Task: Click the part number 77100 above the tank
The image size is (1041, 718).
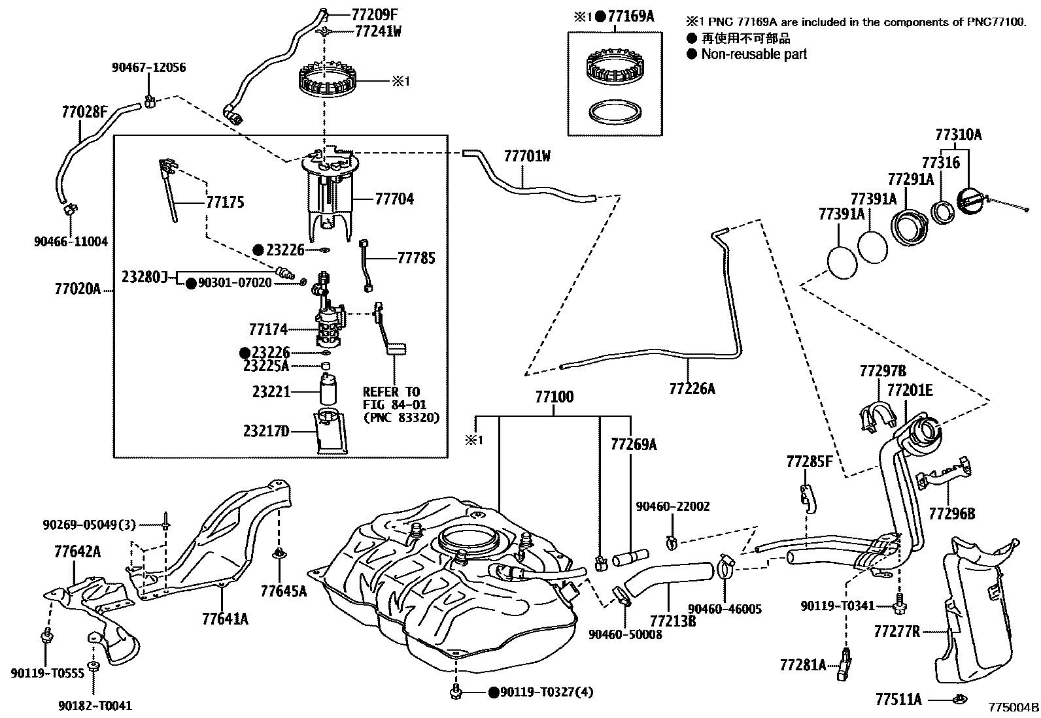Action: pos(554,397)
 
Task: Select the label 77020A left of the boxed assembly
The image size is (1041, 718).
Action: pos(77,288)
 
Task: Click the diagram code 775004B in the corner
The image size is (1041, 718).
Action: pos(1013,708)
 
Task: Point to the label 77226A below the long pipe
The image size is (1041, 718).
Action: pos(692,389)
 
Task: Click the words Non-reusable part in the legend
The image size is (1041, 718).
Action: pos(754,54)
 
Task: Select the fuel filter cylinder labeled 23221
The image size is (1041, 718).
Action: pos(328,391)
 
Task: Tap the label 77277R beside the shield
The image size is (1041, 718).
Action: pos(896,632)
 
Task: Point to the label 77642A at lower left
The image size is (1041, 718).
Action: pos(77,553)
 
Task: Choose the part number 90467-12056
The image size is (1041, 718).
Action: pos(148,67)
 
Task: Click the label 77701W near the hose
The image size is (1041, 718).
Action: pos(527,156)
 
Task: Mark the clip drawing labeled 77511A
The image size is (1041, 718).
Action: pos(958,699)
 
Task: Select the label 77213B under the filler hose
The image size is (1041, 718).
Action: pos(673,620)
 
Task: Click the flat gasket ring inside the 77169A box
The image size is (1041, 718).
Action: pos(614,111)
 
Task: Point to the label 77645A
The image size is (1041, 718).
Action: pos(283,592)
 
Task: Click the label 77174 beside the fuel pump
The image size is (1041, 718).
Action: pos(268,329)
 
